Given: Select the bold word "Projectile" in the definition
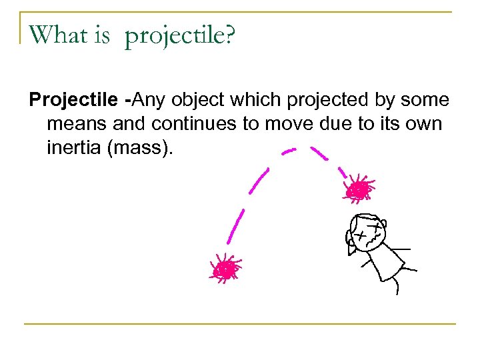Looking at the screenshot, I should click(74, 101).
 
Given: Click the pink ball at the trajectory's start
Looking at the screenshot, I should click(226, 269).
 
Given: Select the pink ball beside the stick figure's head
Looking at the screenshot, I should click(359, 190).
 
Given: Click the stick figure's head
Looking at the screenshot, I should click(366, 232).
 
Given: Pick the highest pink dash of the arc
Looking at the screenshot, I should click(289, 152).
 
